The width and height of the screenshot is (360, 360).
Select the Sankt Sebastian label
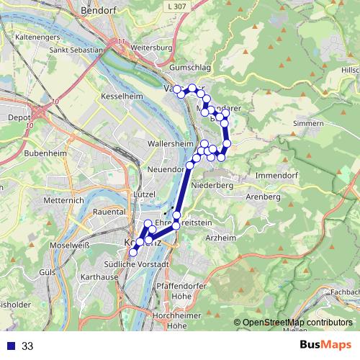tap(75, 50)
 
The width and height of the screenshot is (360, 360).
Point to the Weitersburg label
tap(150, 48)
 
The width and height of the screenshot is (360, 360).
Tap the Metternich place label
tap(64, 200)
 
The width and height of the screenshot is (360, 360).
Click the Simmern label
tap(309, 124)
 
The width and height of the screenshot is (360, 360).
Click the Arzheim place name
tap(220, 237)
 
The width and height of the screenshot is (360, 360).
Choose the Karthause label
tap(99, 276)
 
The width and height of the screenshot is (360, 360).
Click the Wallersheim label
tap(171, 144)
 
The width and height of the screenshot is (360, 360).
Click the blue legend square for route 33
tap(12, 346)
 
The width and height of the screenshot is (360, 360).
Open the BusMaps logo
tap(325, 346)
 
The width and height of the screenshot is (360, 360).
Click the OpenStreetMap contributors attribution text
tap(297, 322)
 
